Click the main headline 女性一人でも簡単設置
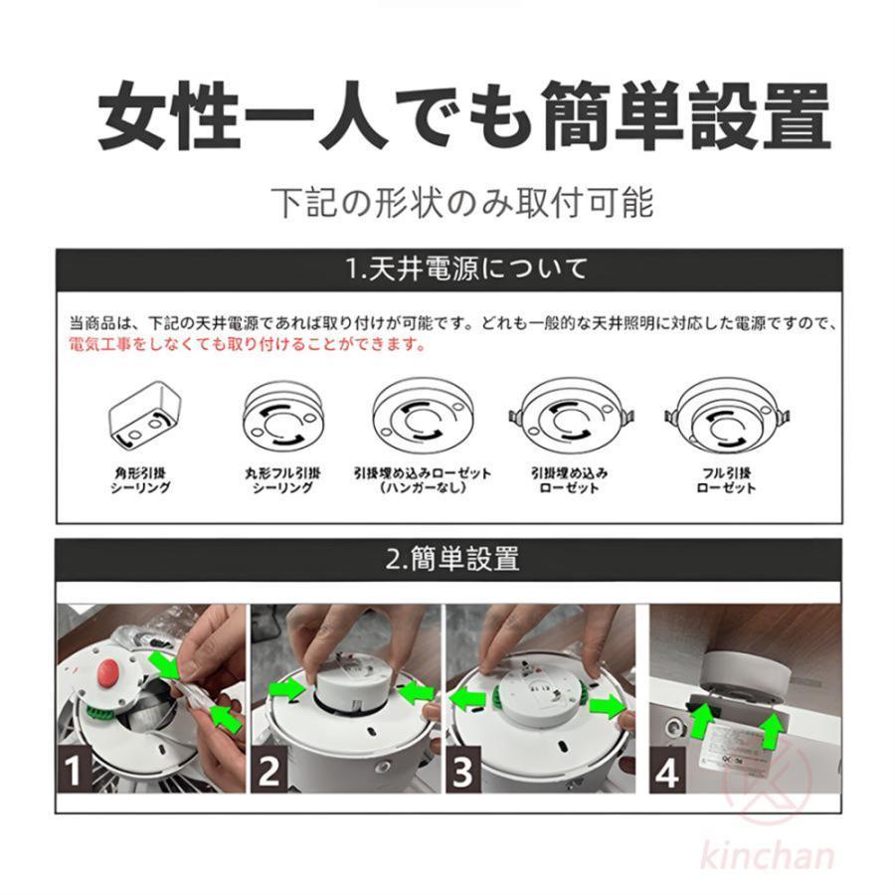[463, 117]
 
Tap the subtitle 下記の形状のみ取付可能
[463, 202]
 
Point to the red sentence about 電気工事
[248, 344]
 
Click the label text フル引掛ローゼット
[726, 480]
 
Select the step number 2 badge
[269, 771]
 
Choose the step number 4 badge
[668, 771]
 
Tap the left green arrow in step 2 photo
[288, 686]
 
